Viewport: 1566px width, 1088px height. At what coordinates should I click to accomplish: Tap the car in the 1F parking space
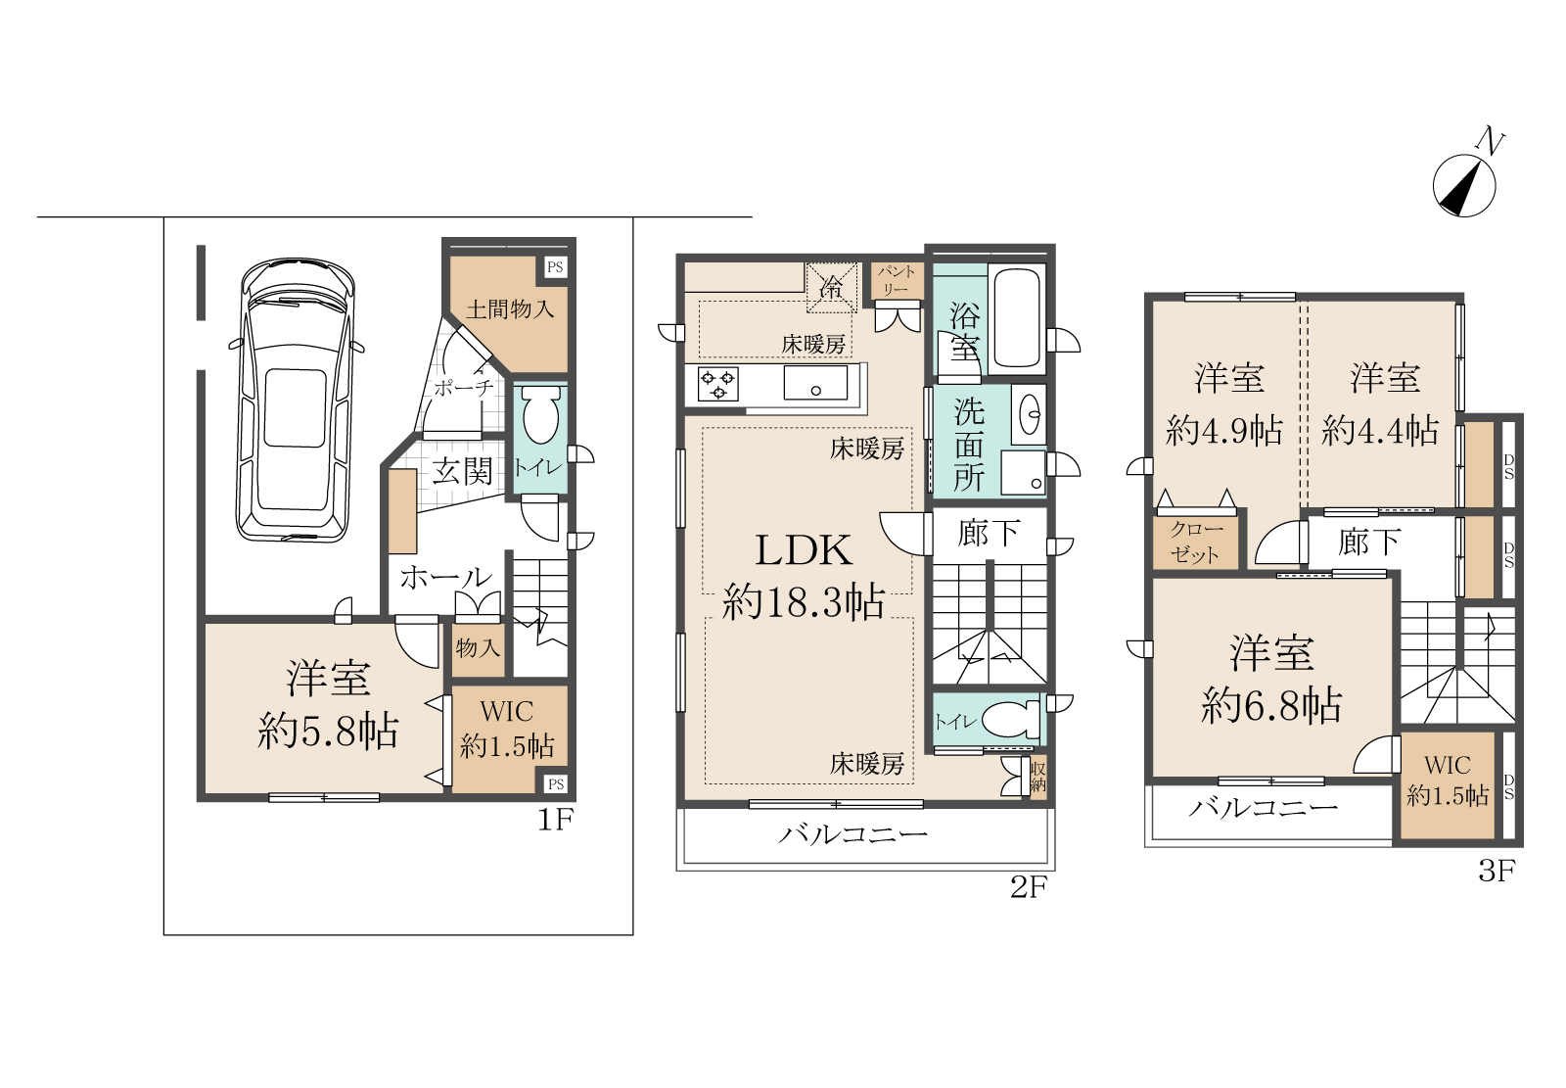click(x=295, y=400)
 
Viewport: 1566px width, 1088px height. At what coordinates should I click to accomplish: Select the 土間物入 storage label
click(x=510, y=308)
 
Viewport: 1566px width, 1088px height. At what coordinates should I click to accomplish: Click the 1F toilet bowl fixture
click(x=541, y=415)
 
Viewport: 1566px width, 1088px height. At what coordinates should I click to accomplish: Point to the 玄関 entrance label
click(x=462, y=471)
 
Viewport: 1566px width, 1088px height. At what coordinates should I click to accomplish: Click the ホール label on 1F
click(x=446, y=577)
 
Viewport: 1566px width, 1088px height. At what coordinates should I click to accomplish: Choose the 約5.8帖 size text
click(x=328, y=732)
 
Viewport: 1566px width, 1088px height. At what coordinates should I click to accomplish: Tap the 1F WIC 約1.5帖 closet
click(x=509, y=738)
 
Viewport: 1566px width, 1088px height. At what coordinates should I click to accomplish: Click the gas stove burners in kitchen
click(x=718, y=384)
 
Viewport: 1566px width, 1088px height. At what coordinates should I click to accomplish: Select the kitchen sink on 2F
click(x=815, y=382)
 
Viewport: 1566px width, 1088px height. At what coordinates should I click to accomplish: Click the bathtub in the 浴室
click(x=1017, y=317)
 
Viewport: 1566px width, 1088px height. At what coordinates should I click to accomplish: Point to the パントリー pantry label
click(x=897, y=280)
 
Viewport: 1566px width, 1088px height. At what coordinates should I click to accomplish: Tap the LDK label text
click(x=804, y=550)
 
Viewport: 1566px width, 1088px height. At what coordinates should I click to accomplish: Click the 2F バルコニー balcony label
click(x=852, y=834)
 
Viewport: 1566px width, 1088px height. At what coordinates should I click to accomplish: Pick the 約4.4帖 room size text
click(x=1380, y=430)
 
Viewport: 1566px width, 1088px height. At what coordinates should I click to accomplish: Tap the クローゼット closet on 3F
click(x=1196, y=544)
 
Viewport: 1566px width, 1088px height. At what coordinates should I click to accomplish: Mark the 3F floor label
click(x=1497, y=872)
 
